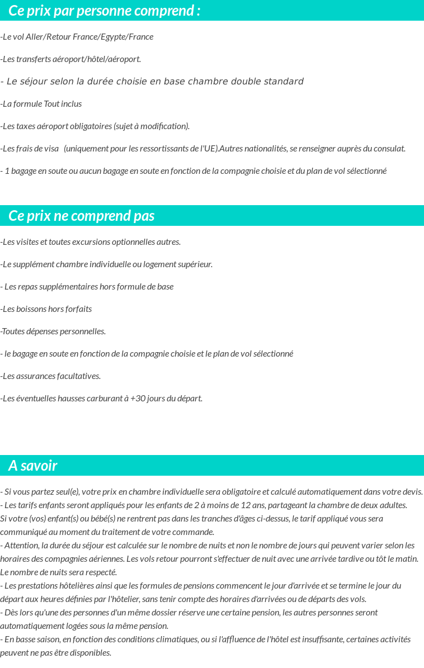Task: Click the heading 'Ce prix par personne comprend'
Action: (104, 11)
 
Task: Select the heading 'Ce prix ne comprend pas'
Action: (82, 216)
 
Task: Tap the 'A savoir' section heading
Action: (33, 466)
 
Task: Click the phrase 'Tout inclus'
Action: (63, 104)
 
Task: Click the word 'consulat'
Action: (388, 149)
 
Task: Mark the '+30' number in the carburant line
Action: (137, 399)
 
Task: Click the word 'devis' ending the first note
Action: (412, 492)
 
